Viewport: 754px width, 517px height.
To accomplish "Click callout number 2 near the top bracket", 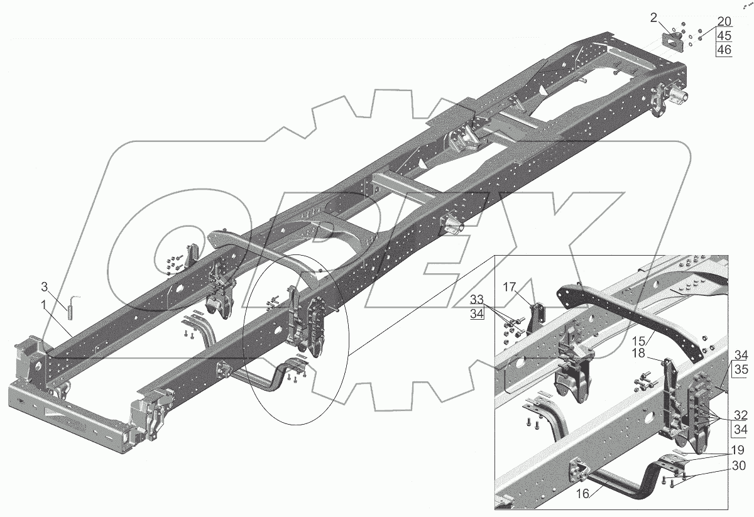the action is (653, 18).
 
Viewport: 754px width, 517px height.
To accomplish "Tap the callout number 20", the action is (724, 21).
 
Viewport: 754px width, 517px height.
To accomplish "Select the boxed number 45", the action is (724, 36).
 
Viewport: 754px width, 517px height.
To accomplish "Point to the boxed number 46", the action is (724, 50).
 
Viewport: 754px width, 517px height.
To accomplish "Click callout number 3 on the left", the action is (44, 287).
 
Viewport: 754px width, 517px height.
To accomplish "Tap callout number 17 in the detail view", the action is (510, 287).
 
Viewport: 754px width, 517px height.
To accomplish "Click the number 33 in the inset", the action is (477, 299).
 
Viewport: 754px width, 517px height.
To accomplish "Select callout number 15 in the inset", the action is (638, 341).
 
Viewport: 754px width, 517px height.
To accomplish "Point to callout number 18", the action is (638, 353).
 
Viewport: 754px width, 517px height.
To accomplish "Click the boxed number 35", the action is (741, 369).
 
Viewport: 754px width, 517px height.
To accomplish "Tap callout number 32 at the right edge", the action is (741, 415).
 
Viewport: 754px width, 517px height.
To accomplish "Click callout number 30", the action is (739, 465).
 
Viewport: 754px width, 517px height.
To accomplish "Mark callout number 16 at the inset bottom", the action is (582, 494).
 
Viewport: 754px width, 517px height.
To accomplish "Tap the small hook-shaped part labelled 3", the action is (72, 307).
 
